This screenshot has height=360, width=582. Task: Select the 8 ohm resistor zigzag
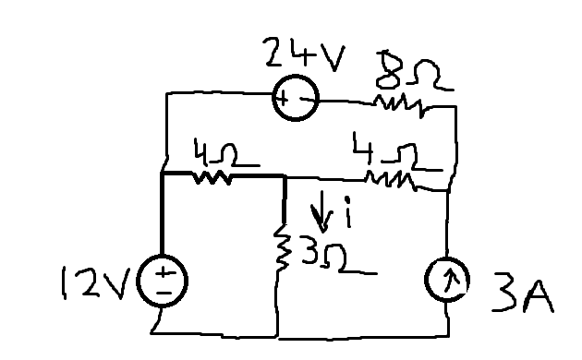coord(400,105)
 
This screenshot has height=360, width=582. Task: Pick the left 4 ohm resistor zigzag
coord(212,177)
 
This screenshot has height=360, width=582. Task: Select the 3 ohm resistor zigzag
coord(281,247)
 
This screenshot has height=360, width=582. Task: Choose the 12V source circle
coord(163,256)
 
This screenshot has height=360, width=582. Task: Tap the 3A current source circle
coord(447,258)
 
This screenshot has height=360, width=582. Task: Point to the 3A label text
coord(523,295)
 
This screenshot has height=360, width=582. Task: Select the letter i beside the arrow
coord(347,212)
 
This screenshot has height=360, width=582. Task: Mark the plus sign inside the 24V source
coord(283,99)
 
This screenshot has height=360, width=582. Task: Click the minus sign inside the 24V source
coord(307,100)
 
